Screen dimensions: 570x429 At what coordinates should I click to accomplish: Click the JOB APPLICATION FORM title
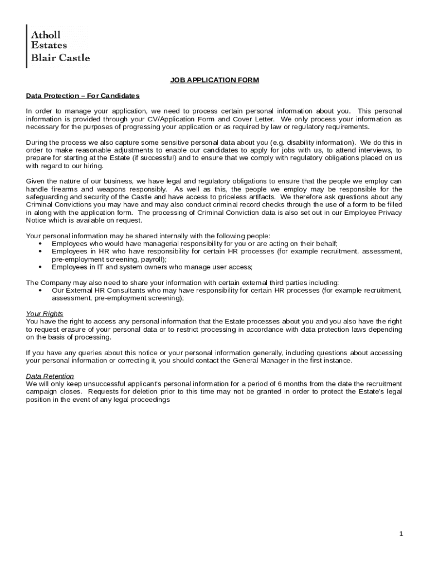coord(214,80)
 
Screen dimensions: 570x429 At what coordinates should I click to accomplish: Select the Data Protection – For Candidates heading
coord(82,96)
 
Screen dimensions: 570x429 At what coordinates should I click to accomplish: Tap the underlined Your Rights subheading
coord(45,314)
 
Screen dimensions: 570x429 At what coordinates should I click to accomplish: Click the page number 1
coord(401,534)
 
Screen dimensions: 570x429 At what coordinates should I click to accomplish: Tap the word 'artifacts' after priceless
coord(260,197)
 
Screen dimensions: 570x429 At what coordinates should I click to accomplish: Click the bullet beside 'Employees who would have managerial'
coord(41,244)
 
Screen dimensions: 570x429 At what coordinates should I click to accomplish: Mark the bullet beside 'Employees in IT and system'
coord(41,267)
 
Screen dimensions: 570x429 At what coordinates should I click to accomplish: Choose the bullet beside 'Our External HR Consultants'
coord(41,291)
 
